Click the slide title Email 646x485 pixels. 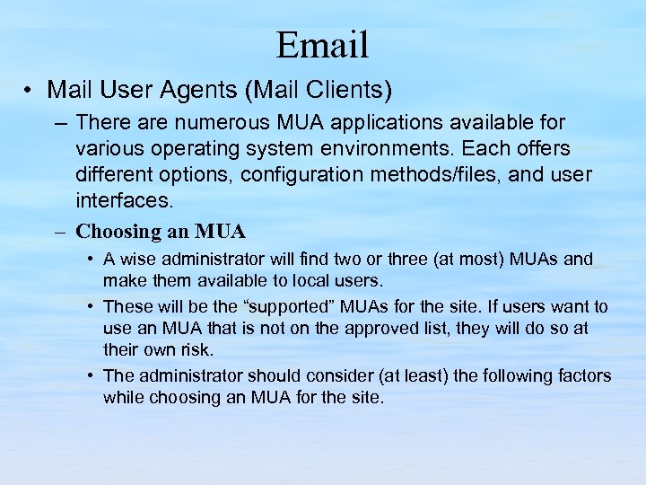(322, 44)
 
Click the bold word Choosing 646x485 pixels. (116, 231)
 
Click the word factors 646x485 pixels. (584, 375)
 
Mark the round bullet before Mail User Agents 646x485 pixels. (30, 91)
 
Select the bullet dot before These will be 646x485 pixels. (92, 307)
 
